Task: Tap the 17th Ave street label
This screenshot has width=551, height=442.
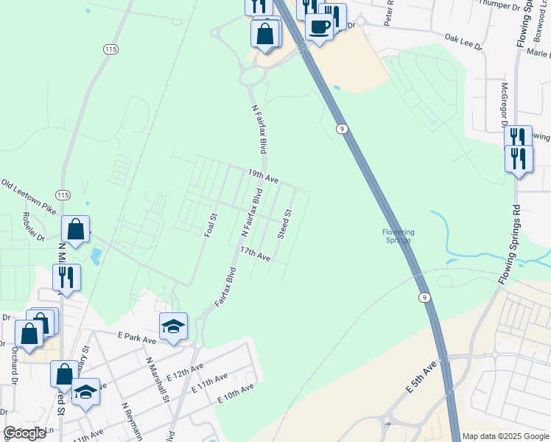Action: (x=255, y=254)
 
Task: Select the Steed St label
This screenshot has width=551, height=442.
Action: (x=284, y=223)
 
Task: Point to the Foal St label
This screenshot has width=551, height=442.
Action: (x=211, y=225)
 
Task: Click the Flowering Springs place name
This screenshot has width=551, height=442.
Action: (x=398, y=236)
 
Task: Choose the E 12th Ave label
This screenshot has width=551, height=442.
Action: (x=186, y=371)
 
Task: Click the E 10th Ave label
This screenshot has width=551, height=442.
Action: (x=236, y=393)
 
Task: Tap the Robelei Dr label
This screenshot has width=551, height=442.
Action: (x=34, y=228)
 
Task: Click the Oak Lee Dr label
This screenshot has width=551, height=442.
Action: (x=464, y=42)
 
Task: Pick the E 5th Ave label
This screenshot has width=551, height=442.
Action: (x=421, y=376)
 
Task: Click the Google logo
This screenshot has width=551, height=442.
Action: (x=25, y=433)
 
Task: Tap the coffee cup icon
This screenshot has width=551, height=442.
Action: (x=319, y=27)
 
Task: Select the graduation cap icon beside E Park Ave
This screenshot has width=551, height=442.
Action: (x=174, y=326)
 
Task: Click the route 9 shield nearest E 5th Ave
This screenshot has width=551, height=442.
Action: (x=424, y=297)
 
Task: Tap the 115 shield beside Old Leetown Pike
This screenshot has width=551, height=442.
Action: (x=63, y=195)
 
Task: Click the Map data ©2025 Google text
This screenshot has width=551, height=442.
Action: (x=506, y=436)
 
